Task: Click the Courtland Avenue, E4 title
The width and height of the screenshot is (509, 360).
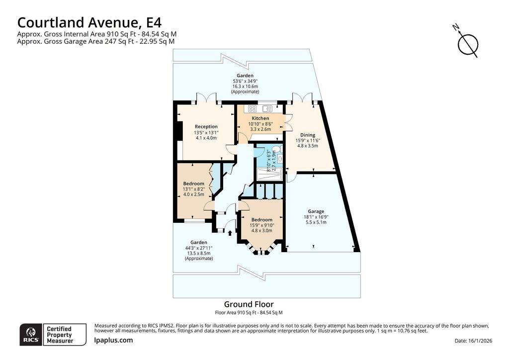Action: tap(89, 23)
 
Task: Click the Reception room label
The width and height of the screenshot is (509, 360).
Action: tap(206, 127)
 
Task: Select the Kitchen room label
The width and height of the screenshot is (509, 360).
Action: tap(260, 118)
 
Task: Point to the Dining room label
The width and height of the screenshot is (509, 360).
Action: tap(307, 135)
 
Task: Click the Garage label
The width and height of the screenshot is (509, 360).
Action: tap(316, 211)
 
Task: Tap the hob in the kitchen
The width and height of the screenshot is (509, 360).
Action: tap(252, 109)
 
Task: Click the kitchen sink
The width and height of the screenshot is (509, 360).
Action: tap(267, 109)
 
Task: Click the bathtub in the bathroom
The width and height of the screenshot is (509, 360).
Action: tap(269, 175)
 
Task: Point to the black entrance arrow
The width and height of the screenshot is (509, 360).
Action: tap(230, 233)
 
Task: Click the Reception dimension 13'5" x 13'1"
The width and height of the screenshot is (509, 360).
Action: tap(206, 132)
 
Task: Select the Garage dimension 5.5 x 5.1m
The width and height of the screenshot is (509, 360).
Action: tap(316, 222)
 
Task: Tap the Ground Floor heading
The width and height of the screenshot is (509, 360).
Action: tap(249, 304)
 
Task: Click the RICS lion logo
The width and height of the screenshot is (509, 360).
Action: tap(31, 334)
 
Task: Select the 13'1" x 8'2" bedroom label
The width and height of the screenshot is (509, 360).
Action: tap(193, 189)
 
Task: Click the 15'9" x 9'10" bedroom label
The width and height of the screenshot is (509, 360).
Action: tap(261, 225)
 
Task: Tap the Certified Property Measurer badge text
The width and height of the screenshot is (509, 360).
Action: tap(60, 335)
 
